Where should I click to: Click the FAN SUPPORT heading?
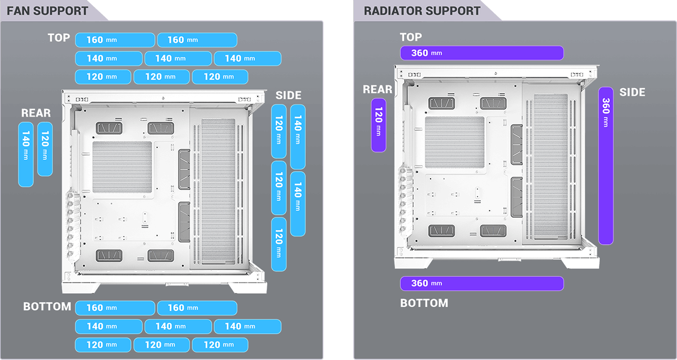coord(47,11)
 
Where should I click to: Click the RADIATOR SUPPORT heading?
coord(422,11)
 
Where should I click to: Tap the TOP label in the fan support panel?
coord(59,38)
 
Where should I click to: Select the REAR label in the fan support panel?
coord(36,113)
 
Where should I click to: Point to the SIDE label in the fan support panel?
coord(288,96)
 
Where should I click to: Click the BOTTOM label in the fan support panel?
coord(47,307)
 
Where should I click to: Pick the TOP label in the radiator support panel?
coord(411,37)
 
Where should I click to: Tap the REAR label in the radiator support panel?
coord(377,89)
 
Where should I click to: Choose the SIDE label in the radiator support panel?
coord(632,92)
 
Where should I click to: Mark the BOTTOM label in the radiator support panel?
coord(424,303)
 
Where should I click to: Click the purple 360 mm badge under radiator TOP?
coord(481,53)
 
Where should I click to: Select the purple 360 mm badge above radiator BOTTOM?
coord(481,283)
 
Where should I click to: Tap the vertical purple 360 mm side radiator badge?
coord(605,166)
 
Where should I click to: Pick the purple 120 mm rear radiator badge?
coord(378,125)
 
